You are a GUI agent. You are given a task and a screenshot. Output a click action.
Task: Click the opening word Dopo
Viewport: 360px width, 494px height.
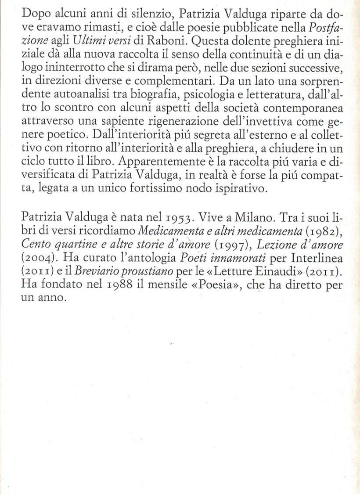click(34, 14)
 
